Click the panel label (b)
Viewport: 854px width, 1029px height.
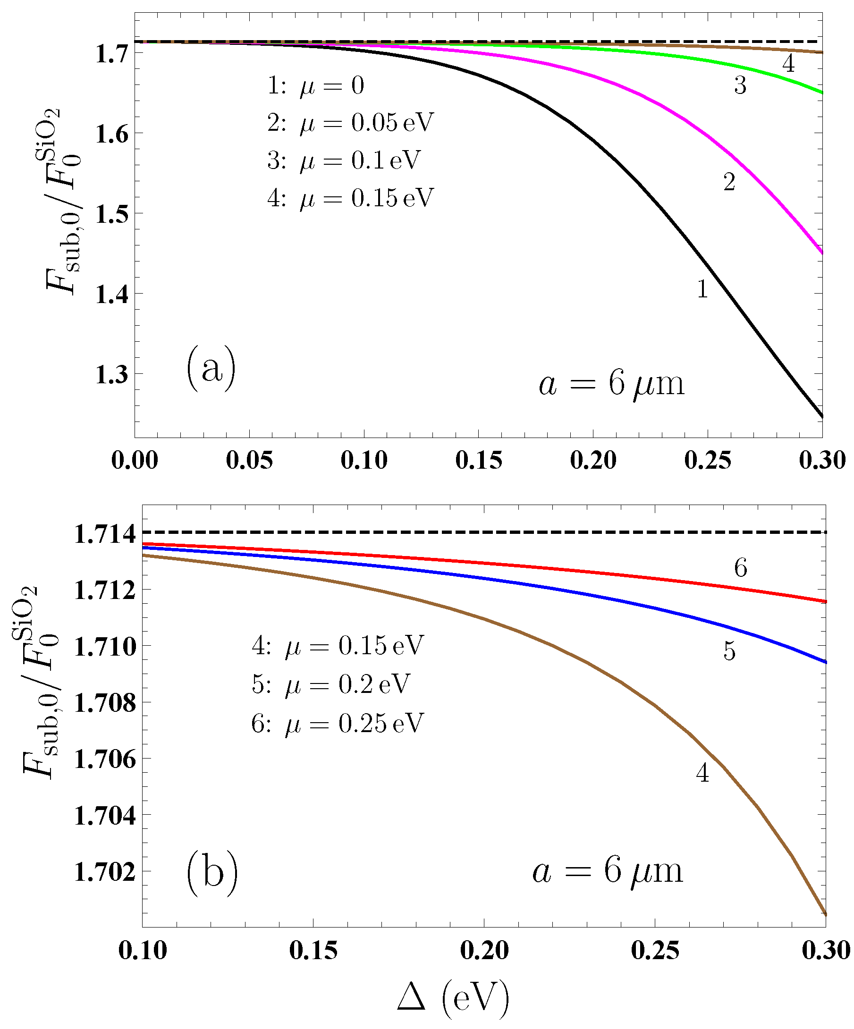(212, 874)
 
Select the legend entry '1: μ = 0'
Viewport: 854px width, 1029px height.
(316, 86)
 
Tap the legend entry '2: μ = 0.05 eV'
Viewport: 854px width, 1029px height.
(350, 123)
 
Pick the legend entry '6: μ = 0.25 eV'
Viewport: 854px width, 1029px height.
(337, 723)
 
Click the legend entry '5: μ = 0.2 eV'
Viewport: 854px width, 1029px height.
(331, 684)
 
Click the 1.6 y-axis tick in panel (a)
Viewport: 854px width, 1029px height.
(112, 134)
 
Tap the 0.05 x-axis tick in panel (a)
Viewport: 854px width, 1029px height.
(249, 461)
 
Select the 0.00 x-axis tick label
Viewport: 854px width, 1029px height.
(135, 461)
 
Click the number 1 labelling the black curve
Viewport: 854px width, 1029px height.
(702, 289)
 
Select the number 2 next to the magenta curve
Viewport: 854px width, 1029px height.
(729, 182)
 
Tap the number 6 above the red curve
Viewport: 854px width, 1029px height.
(740, 568)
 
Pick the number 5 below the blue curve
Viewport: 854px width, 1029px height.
(729, 652)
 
